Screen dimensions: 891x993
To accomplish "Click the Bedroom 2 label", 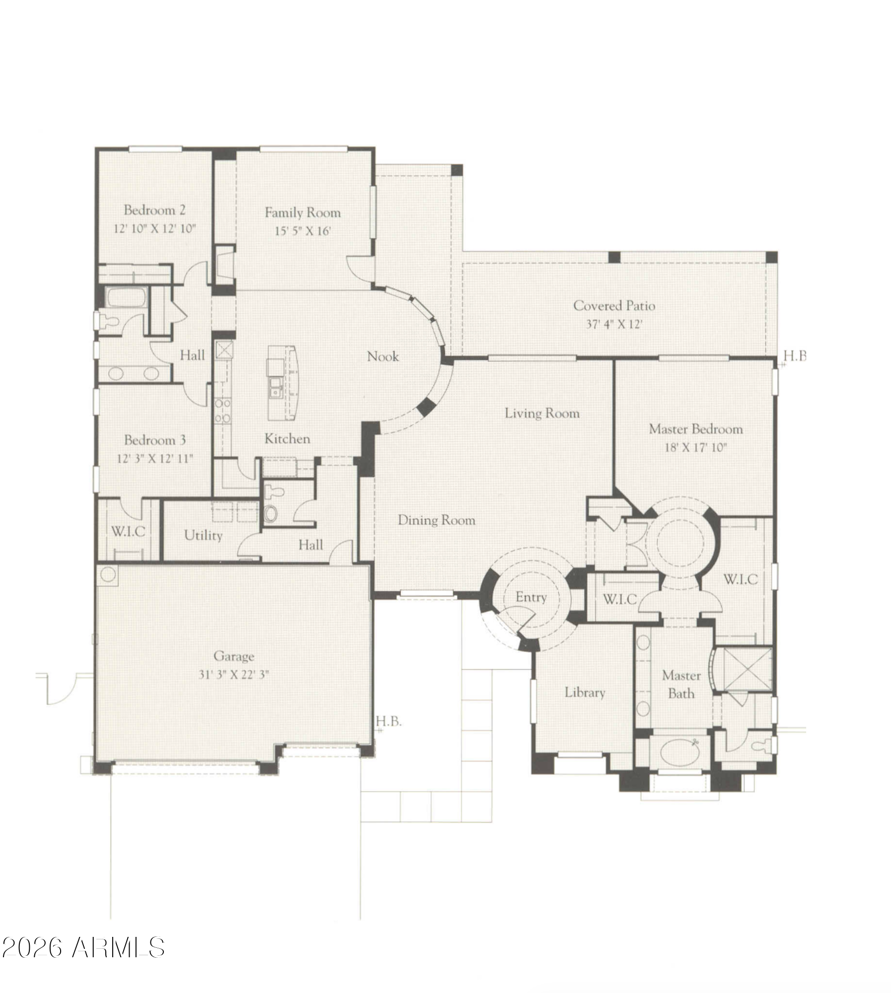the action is point(154,210).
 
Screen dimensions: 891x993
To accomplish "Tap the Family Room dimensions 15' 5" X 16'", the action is point(302,231).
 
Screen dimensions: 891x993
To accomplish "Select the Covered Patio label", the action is point(614,306).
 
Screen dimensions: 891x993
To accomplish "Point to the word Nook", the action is point(383,356).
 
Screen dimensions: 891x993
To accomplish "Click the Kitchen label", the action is point(287,439).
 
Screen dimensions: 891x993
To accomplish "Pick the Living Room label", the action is point(542,413).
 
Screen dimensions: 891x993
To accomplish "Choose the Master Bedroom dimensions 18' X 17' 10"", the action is point(696,447).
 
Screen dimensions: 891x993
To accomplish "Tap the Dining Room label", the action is point(437,520).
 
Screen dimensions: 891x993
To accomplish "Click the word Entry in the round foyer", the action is point(531,597).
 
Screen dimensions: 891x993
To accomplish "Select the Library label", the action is point(585,692).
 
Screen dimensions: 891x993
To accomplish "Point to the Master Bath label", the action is point(681,684).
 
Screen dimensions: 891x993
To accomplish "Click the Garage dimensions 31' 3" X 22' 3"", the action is point(234,674).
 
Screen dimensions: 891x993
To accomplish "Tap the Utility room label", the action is point(203,535).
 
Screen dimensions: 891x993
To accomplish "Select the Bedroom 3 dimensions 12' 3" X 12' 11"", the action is point(154,458).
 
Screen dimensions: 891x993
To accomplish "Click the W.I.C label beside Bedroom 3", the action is point(128,531).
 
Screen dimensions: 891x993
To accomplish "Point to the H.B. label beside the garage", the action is point(388,721).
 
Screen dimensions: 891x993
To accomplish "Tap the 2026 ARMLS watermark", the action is point(83,948).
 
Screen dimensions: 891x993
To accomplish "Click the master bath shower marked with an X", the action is point(746,670).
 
